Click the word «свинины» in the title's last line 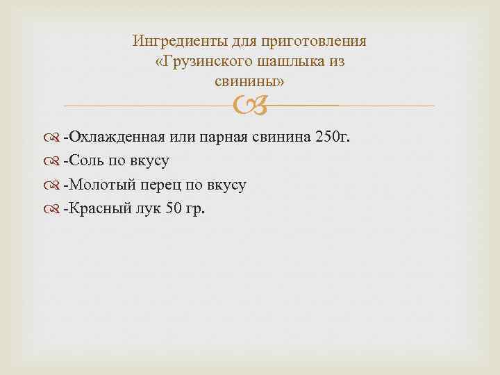tap(247, 82)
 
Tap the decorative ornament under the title tap(250, 106)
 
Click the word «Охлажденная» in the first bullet tap(115, 136)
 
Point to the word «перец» tap(162, 185)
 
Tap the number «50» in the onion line tap(174, 209)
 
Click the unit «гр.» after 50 tap(196, 209)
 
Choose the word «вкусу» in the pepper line tap(226, 185)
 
